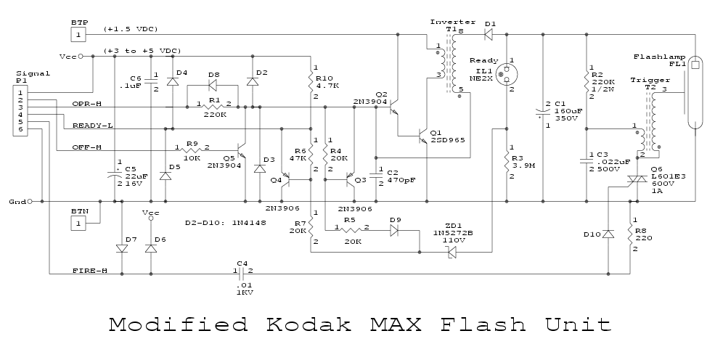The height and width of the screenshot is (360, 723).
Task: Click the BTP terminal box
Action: pos(79,34)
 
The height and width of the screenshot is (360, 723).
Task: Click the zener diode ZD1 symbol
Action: pos(451,252)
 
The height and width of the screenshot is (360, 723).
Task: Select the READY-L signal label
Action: pos(90,126)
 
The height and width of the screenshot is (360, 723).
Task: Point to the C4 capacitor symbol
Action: pos(242,274)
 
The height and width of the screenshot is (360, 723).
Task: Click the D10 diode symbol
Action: pos(608,234)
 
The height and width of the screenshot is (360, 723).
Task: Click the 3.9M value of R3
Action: pos(524,165)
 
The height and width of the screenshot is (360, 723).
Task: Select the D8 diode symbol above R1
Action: pos(212,86)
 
